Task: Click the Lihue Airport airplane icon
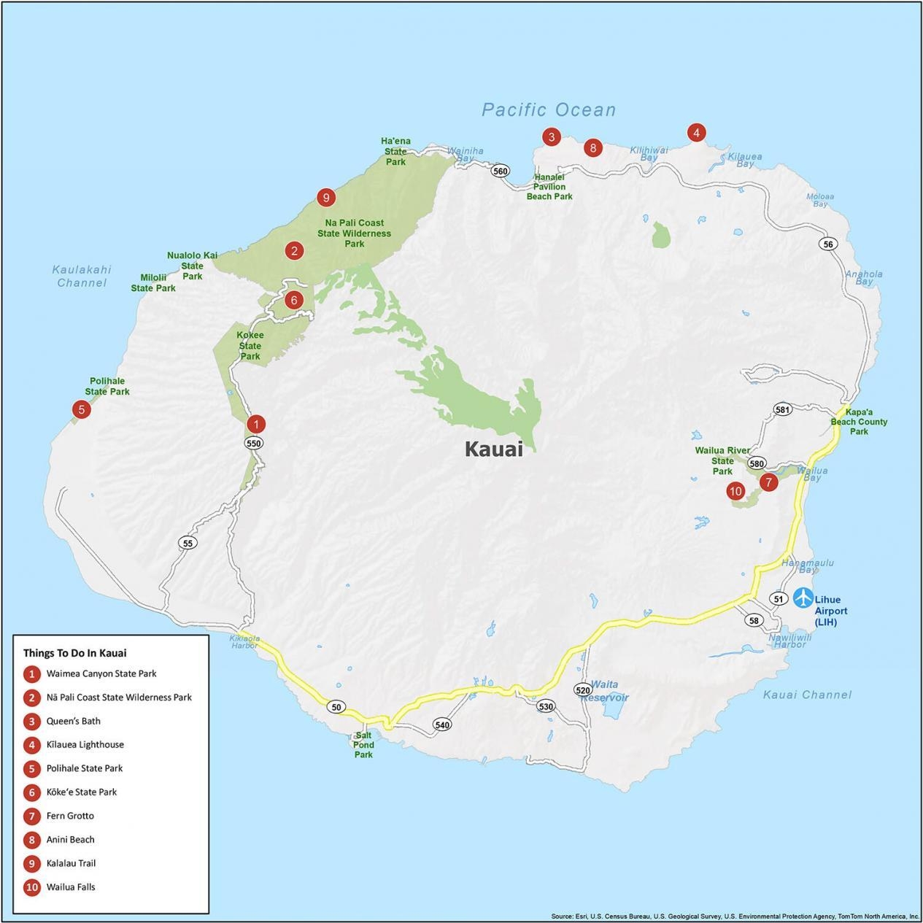(803, 598)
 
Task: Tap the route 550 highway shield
(253, 443)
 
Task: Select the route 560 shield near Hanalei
(500, 171)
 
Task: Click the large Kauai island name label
(494, 449)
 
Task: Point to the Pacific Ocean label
(549, 110)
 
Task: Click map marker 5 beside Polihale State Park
(81, 409)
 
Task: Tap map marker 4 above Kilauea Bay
(696, 133)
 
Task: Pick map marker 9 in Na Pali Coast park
(325, 197)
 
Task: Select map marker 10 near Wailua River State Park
(735, 491)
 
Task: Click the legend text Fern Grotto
(70, 816)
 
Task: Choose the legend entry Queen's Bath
(73, 721)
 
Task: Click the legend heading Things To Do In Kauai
(74, 653)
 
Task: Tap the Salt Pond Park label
(363, 745)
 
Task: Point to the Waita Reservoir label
(605, 690)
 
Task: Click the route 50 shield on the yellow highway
(336, 707)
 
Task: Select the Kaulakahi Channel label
(82, 276)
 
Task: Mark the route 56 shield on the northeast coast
(827, 244)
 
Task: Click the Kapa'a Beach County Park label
(859, 422)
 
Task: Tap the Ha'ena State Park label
(395, 151)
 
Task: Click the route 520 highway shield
(582, 690)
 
